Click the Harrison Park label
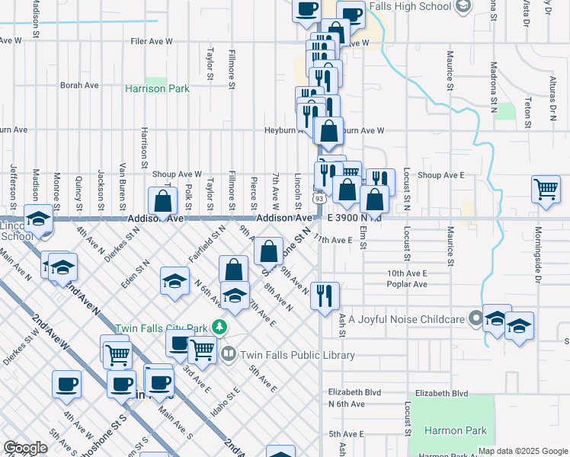(157, 89)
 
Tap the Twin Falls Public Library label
(298, 355)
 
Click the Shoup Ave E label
(441, 175)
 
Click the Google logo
(25, 448)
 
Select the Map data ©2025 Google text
(522, 451)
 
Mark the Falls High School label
(410, 7)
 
